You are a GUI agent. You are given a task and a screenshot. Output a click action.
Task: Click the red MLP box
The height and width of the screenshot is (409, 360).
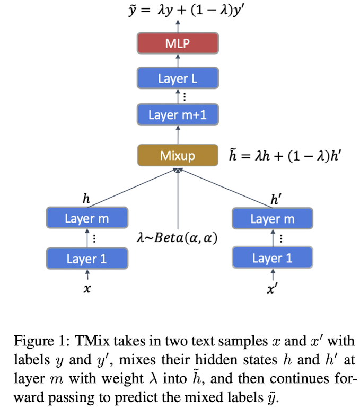[178, 42]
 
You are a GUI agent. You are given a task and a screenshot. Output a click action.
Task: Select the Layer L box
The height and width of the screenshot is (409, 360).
[178, 78]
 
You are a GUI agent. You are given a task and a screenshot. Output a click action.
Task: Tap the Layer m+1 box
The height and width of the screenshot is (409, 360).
[178, 114]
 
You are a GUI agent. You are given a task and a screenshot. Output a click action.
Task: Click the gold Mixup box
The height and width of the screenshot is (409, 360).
[178, 155]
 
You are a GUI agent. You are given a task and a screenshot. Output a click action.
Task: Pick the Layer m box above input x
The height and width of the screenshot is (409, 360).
[87, 218]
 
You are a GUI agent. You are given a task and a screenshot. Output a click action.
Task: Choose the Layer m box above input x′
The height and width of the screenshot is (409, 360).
[273, 218]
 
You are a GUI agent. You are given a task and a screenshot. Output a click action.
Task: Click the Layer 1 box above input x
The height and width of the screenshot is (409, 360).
[87, 259]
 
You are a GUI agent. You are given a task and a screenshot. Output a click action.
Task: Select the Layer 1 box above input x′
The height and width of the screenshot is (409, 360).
[273, 259]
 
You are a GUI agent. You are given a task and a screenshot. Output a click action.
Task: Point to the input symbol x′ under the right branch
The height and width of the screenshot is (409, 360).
[273, 291]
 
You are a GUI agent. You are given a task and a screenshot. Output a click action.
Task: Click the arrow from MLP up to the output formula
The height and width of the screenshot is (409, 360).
[178, 25]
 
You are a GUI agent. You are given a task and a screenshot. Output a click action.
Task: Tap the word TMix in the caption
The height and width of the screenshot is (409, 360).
[91, 341]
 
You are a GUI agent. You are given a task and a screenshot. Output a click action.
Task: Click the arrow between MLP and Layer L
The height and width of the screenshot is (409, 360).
[178, 60]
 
